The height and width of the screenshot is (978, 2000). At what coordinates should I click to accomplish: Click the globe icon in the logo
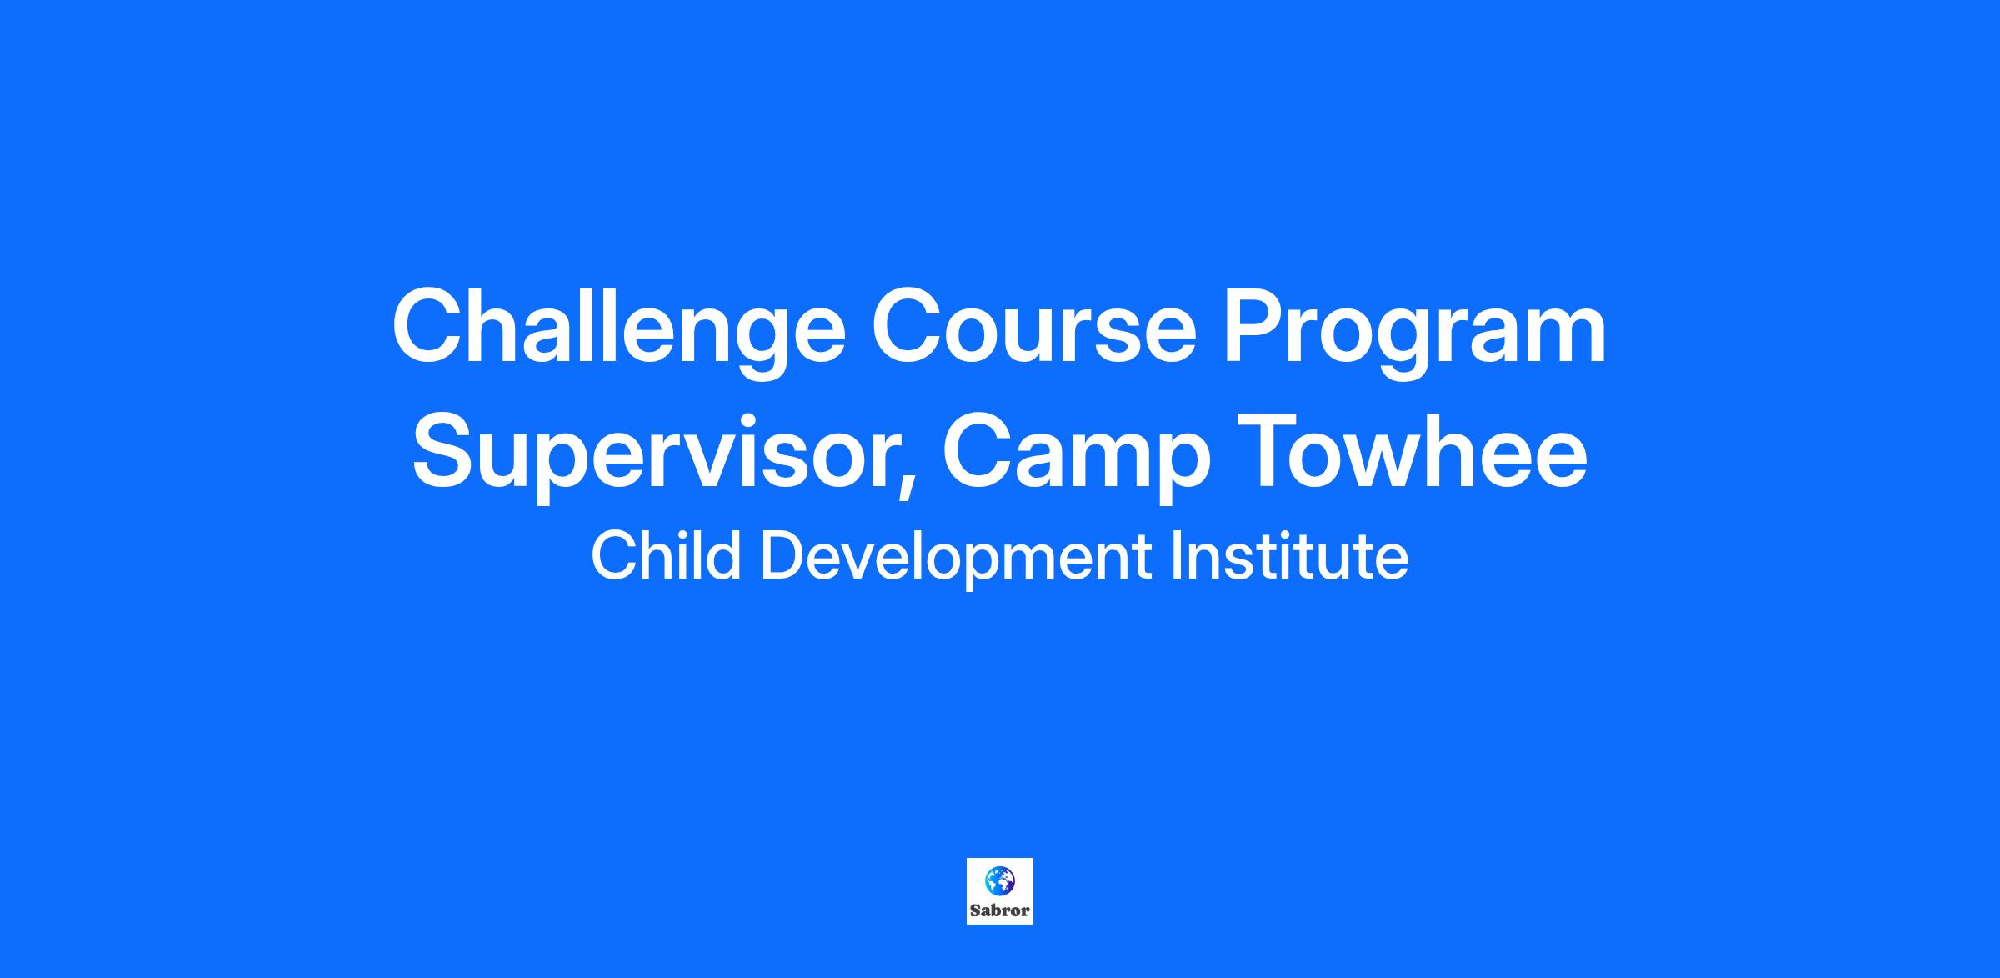pos(999,879)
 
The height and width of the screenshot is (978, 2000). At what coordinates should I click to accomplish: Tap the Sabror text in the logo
pos(1000,910)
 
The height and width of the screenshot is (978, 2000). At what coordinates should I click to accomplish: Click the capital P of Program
pos(1256,325)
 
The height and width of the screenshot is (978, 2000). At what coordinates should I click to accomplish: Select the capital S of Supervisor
pos(447,449)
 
